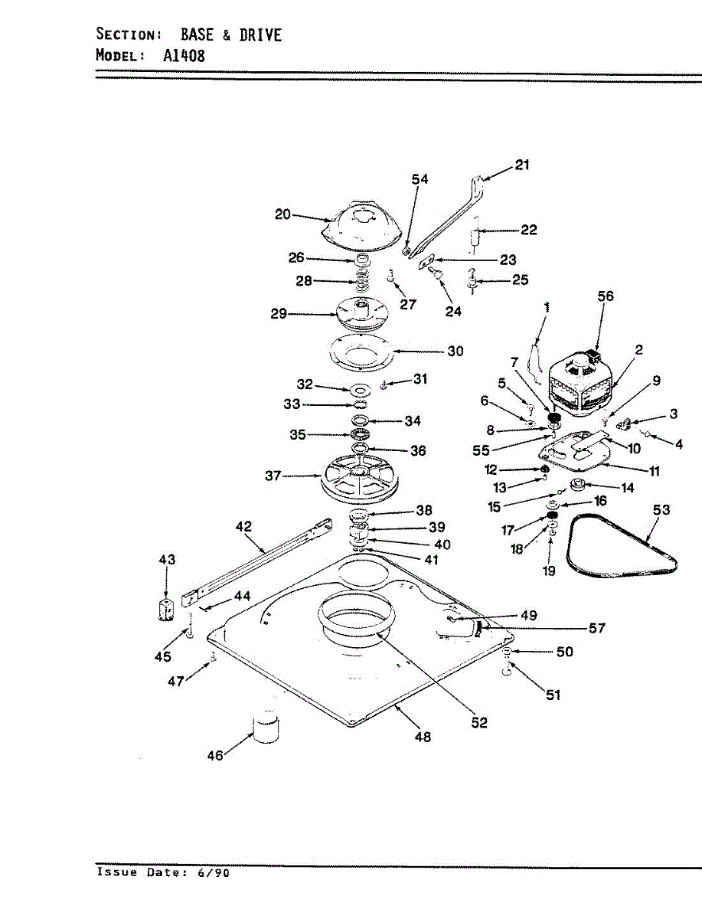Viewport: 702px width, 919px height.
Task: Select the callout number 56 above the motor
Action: pos(606,296)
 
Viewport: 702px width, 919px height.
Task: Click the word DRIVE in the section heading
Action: pos(260,34)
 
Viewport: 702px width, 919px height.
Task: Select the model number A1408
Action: pos(184,55)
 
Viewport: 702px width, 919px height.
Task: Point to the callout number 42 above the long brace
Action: pos(243,527)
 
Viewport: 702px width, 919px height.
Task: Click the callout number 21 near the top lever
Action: pos(522,165)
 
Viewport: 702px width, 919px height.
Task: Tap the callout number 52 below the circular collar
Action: pos(479,722)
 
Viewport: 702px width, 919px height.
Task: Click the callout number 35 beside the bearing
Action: pos(297,434)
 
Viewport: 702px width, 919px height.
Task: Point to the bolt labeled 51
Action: pos(507,670)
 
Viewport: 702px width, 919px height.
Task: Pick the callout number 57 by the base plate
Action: pos(597,629)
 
